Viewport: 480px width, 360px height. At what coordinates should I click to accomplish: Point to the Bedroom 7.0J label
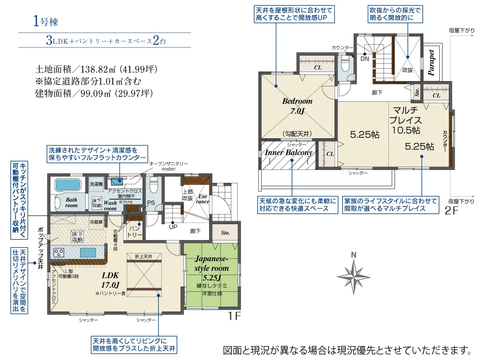click(x=297, y=106)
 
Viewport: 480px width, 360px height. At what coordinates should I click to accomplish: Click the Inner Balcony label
click(x=288, y=153)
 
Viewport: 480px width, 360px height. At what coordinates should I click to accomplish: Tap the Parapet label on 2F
click(x=431, y=62)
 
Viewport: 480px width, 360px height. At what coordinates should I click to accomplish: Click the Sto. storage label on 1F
click(x=225, y=233)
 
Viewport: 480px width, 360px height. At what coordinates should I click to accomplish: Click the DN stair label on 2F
click(x=365, y=59)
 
